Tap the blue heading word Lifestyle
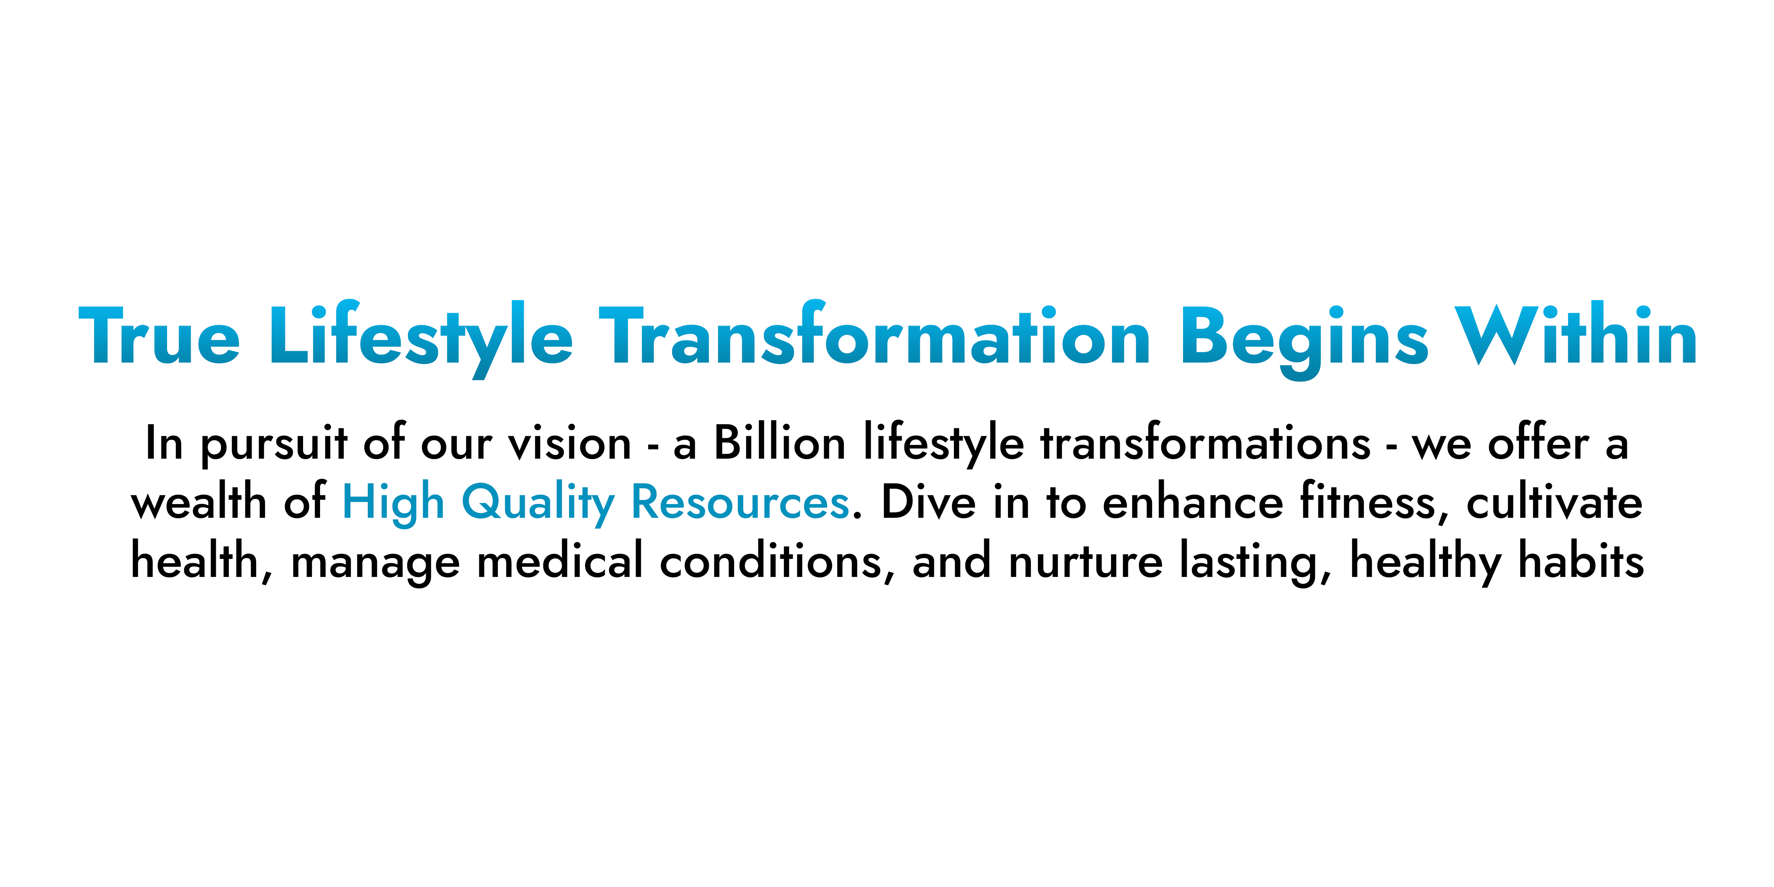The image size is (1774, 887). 421,339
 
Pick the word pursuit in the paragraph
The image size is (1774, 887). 274,444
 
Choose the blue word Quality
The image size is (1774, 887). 538,503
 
